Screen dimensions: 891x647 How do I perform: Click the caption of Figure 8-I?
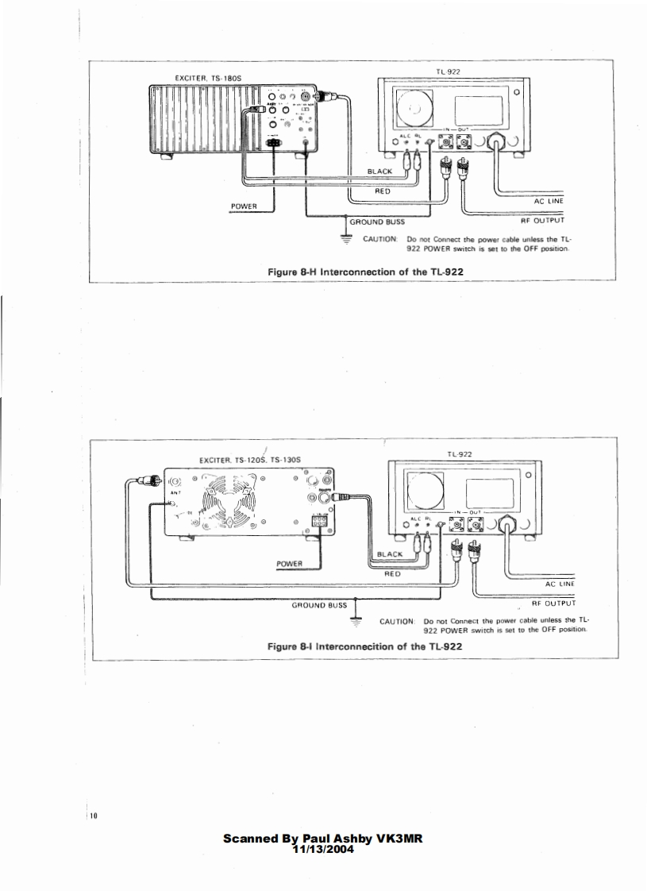pos(364,646)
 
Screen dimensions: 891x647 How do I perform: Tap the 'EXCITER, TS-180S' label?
pos(202,78)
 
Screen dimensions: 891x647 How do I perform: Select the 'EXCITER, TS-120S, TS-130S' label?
pos(250,460)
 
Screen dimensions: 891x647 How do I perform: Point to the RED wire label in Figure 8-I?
pos(391,571)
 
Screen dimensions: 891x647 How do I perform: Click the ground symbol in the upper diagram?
pos(345,235)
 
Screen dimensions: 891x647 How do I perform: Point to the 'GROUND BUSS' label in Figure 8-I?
pos(319,605)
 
